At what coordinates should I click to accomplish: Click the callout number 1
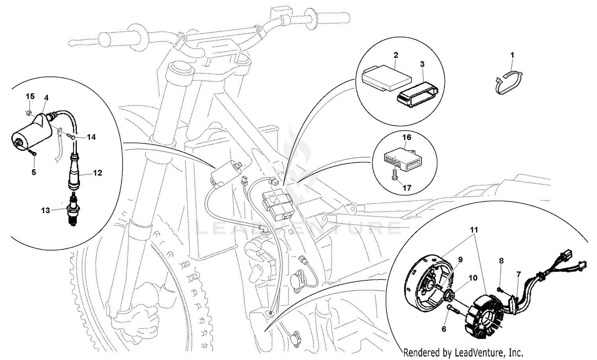[512, 55]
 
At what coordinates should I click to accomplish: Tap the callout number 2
[396, 55]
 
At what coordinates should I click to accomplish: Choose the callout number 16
[406, 137]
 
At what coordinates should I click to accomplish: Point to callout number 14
[91, 137]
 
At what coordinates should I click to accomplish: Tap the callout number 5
[34, 172]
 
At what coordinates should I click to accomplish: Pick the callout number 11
[474, 230]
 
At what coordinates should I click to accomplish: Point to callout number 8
[501, 261]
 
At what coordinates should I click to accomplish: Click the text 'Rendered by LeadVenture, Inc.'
[463, 352]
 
